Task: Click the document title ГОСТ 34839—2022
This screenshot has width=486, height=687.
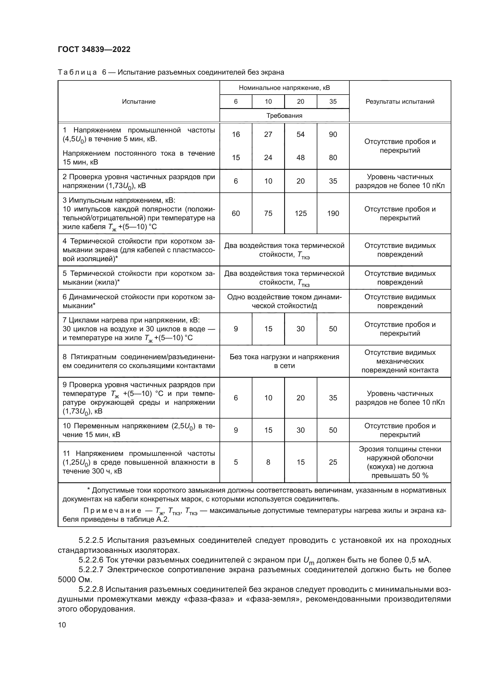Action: point(94,49)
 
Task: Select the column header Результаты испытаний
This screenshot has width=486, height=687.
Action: point(400,102)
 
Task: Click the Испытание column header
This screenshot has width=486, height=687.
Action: point(139,102)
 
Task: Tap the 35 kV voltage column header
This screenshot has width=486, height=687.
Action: point(333,102)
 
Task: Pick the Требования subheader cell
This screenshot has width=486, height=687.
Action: point(284,116)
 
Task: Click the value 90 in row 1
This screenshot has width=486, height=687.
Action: point(333,135)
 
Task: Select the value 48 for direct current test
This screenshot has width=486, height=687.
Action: point(301,158)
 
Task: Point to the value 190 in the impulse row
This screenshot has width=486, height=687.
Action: point(333,213)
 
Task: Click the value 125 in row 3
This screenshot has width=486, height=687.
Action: point(301,213)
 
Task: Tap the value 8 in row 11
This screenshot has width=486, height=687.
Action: point(268,462)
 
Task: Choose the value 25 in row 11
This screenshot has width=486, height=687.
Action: point(333,462)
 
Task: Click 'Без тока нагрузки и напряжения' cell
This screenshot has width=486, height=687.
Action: point(284,361)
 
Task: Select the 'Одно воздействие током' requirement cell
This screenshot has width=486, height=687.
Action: point(284,301)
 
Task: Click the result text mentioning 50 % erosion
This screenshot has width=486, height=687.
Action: point(400,462)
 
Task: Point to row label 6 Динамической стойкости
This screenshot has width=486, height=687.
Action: point(139,301)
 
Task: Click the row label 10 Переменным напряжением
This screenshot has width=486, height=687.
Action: point(139,430)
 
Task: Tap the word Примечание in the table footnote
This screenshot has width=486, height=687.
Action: point(112,511)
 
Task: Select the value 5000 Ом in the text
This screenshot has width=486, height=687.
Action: point(75,580)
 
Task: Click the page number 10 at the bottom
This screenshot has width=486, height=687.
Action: point(62,625)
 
